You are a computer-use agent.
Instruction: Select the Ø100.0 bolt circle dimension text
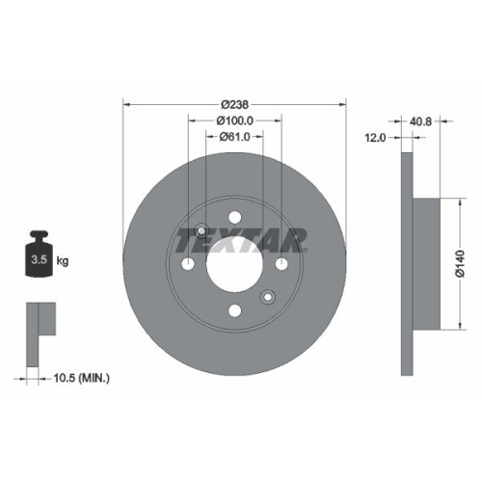coord(234,120)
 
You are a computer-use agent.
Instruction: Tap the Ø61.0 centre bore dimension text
coord(234,137)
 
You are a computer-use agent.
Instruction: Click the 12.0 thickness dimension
coord(375,139)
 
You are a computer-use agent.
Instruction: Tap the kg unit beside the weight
coord(62,261)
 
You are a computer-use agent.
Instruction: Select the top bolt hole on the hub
coord(234,217)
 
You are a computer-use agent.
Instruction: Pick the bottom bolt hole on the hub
coord(234,310)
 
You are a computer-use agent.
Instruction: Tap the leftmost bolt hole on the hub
coord(187,263)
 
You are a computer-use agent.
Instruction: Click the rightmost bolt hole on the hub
coord(281,263)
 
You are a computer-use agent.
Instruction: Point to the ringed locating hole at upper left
coord(201,230)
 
